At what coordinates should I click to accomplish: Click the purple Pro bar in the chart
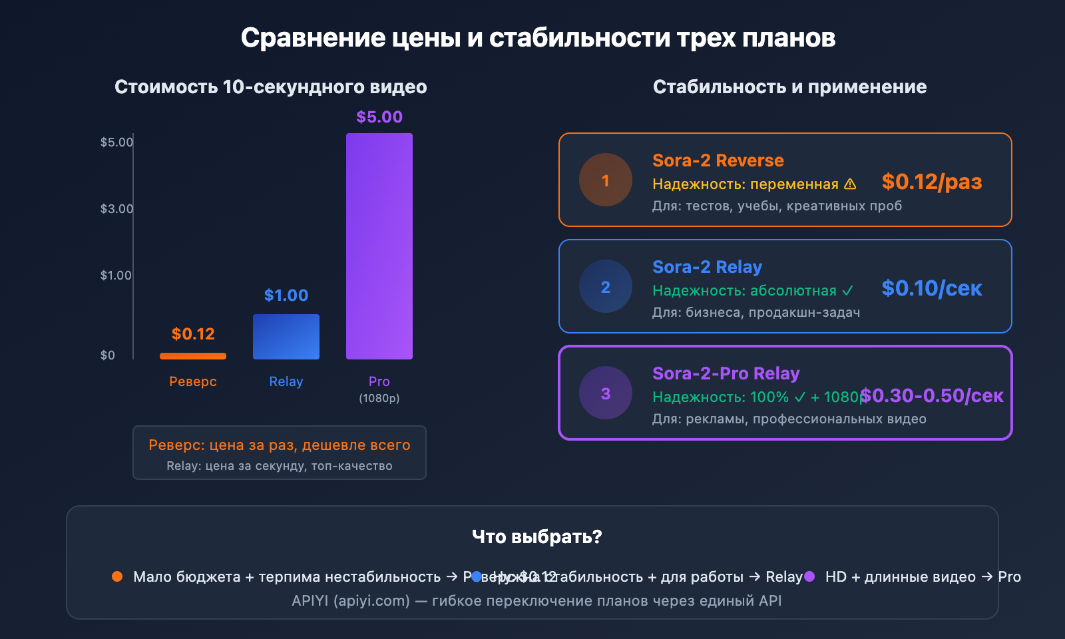pos(379,246)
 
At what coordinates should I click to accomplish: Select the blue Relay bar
pos(286,337)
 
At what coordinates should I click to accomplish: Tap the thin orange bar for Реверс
pos(193,356)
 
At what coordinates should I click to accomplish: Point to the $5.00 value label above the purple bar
pos(379,117)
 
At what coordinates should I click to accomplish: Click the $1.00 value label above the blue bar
pos(286,296)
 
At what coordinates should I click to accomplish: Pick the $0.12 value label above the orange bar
pos(193,334)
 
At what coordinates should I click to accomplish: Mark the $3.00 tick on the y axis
pos(116,209)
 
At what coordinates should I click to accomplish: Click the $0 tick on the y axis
pos(108,355)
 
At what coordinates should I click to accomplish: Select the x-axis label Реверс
pos(193,381)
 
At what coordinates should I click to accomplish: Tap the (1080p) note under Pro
pos(379,398)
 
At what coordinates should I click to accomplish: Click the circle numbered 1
pos(606,180)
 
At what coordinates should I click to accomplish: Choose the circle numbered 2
pos(606,287)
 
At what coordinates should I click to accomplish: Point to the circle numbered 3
pos(606,393)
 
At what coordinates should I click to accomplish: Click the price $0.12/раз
pos(932,182)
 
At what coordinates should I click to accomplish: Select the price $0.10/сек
pos(932,288)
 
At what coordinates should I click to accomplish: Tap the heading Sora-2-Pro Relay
pos(726,373)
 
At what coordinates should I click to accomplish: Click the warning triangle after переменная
pos(850,184)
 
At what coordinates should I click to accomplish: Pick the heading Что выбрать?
pos(536,536)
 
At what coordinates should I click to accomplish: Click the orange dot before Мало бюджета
pos(117,576)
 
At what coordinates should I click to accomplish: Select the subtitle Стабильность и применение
pos(789,87)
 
